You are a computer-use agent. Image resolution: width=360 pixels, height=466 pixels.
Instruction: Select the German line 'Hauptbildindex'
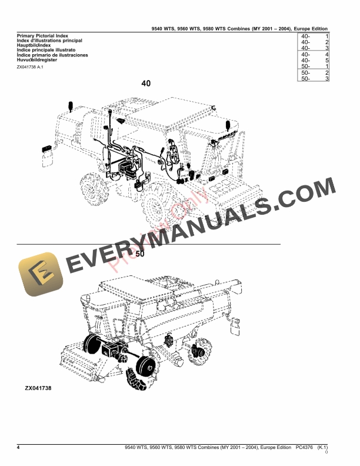click(36, 46)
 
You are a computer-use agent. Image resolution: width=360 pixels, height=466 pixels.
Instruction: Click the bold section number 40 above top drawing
click(146, 84)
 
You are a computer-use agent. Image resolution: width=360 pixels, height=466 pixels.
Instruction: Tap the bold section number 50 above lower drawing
click(140, 254)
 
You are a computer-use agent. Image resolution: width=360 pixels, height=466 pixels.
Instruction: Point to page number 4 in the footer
click(19, 448)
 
